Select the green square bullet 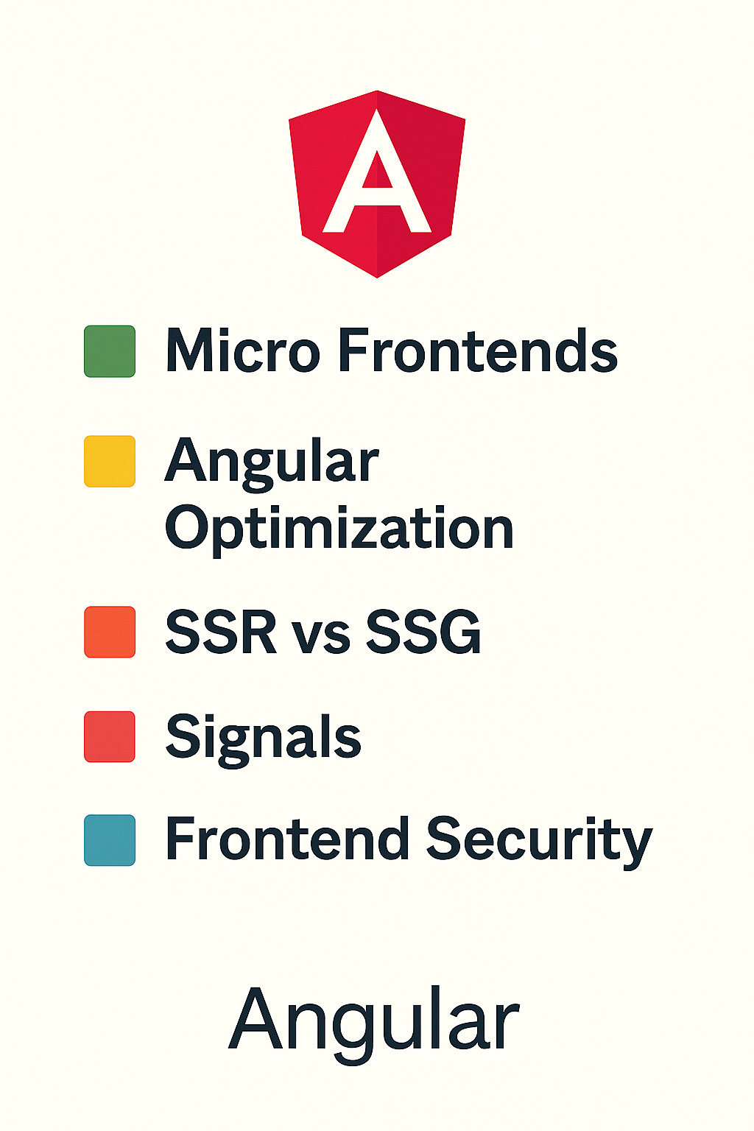tap(110, 351)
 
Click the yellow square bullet tap(110, 461)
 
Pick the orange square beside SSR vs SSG tap(110, 632)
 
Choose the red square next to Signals tap(110, 736)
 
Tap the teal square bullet tap(110, 840)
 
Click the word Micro tap(242, 350)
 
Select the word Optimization tap(339, 529)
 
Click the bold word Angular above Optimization tap(272, 462)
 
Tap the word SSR tap(220, 632)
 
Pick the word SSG tap(423, 632)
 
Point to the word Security tap(539, 839)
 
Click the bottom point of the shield tap(377, 276)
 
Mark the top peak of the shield tap(377, 92)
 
